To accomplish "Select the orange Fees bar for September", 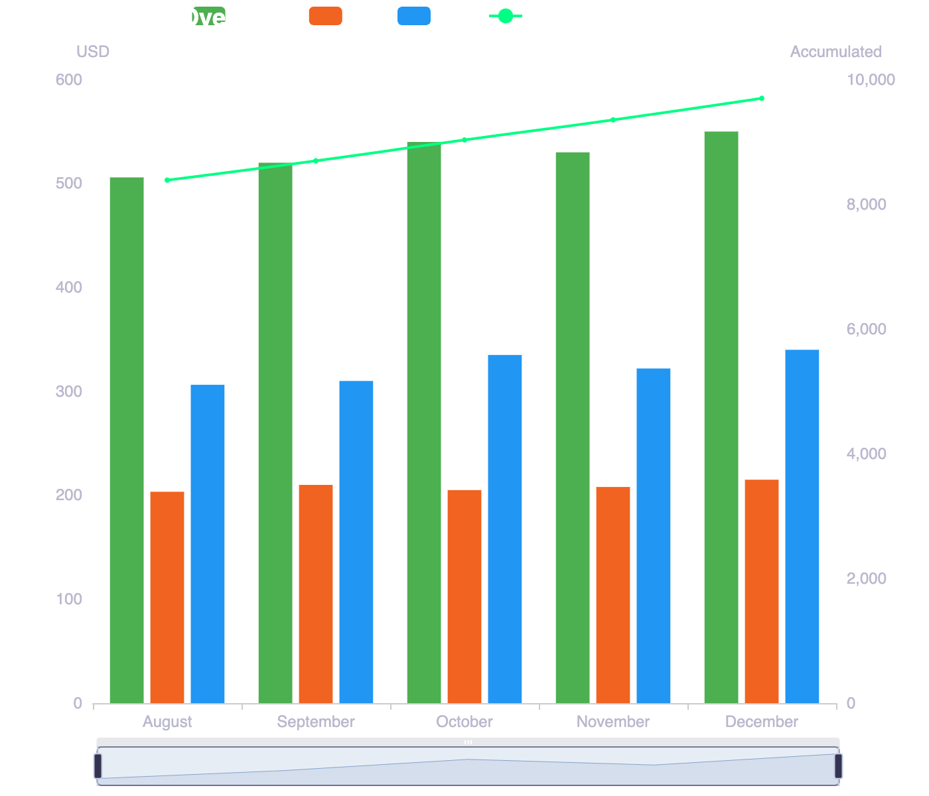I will click(x=316, y=594).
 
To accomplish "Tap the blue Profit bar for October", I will click(x=505, y=529).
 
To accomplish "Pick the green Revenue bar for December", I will click(x=721, y=417).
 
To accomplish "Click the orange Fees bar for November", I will click(x=613, y=595).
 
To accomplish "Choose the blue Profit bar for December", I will click(x=802, y=526).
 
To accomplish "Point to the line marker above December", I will click(x=762, y=98).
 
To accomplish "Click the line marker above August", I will click(x=167, y=180).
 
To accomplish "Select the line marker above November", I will click(x=613, y=120).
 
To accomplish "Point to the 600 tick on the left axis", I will click(x=69, y=80).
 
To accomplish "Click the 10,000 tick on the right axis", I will click(x=871, y=80).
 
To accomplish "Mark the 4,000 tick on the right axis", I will click(x=867, y=454).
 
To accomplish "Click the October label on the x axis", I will click(x=464, y=722).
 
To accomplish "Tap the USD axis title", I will click(x=93, y=52).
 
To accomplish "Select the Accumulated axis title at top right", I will click(x=835, y=52).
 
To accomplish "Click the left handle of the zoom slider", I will click(x=98, y=765).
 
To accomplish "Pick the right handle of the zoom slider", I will click(x=838, y=765).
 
